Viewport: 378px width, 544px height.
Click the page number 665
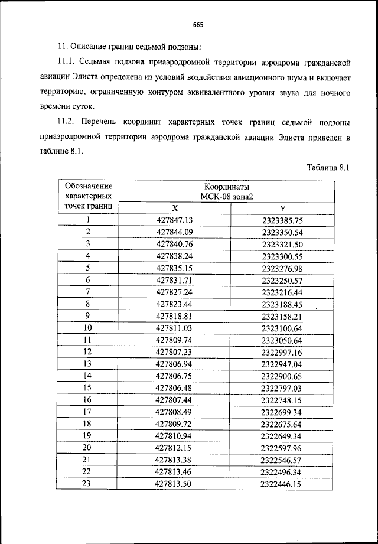198,24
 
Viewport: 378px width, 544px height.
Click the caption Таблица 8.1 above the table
329,167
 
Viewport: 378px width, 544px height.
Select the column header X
175,208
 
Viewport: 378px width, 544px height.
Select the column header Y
282,208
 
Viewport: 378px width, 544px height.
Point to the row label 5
87,268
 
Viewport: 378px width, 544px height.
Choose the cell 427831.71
175,280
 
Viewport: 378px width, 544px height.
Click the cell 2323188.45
282,304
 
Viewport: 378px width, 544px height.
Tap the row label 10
87,328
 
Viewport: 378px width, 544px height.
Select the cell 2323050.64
282,340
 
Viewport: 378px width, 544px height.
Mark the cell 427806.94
175,364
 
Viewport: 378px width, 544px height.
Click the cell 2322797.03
282,388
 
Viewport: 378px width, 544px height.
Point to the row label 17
87,412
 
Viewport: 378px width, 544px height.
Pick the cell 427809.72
175,424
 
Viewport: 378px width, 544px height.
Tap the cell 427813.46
175,472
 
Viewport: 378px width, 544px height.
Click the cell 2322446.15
282,484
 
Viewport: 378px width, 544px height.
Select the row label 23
87,484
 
